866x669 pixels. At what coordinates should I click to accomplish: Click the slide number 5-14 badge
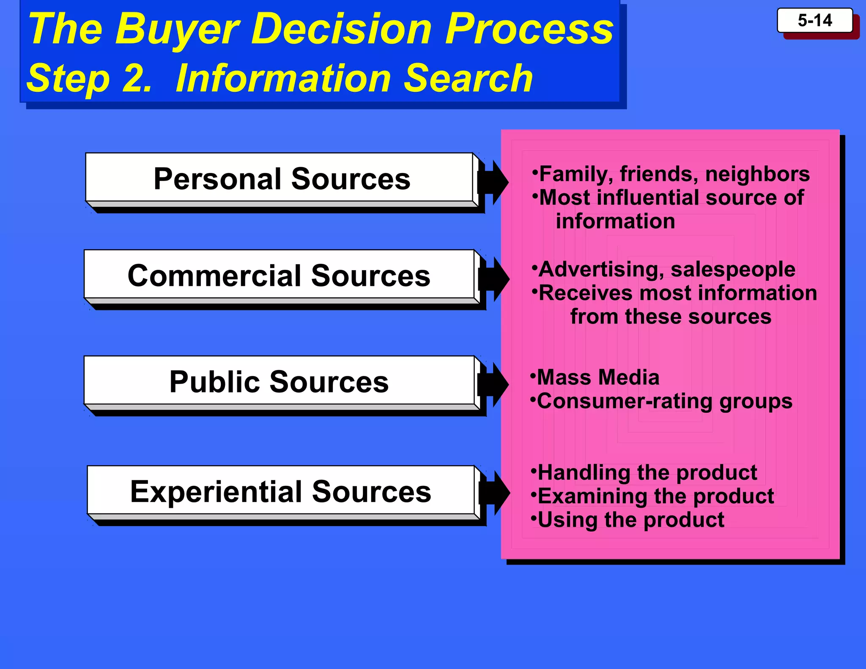(x=814, y=21)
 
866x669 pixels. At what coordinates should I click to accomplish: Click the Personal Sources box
(x=281, y=178)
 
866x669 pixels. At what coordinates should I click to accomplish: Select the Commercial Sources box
(x=279, y=275)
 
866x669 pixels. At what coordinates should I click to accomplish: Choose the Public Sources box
(x=279, y=381)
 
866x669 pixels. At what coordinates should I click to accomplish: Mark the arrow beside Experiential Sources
(x=494, y=493)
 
